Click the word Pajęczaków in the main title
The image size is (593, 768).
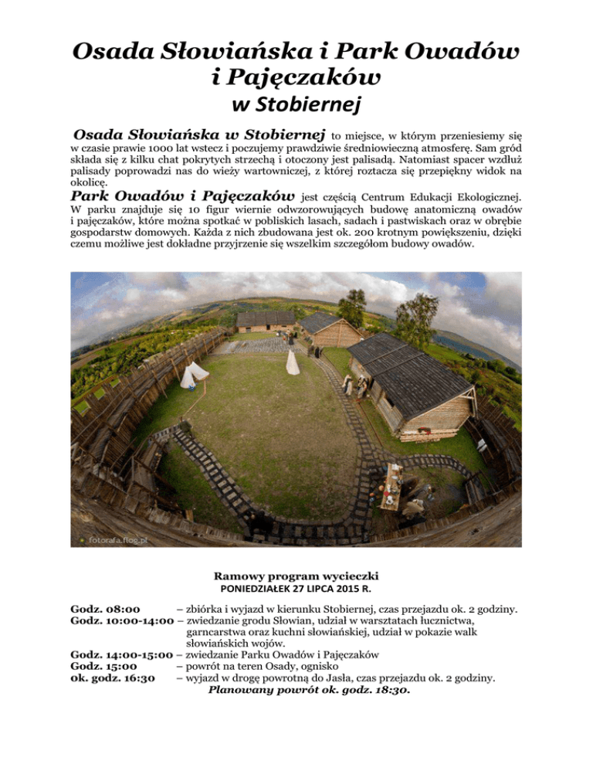[x=296, y=76]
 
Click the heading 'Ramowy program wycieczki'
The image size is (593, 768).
[x=296, y=576]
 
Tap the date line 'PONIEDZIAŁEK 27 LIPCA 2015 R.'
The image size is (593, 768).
[x=296, y=590]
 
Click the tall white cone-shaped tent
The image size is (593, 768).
[x=293, y=362]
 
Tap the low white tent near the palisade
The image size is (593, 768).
[x=193, y=374]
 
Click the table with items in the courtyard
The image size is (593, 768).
[x=391, y=488]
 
